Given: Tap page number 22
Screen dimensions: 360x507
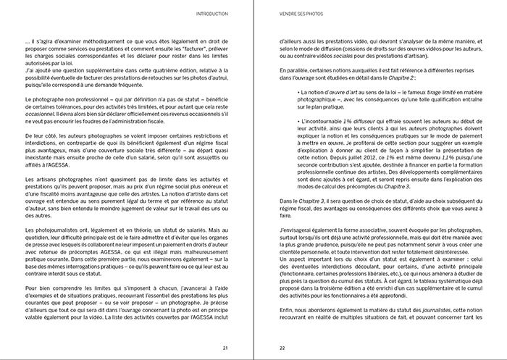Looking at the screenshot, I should [283, 347].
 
